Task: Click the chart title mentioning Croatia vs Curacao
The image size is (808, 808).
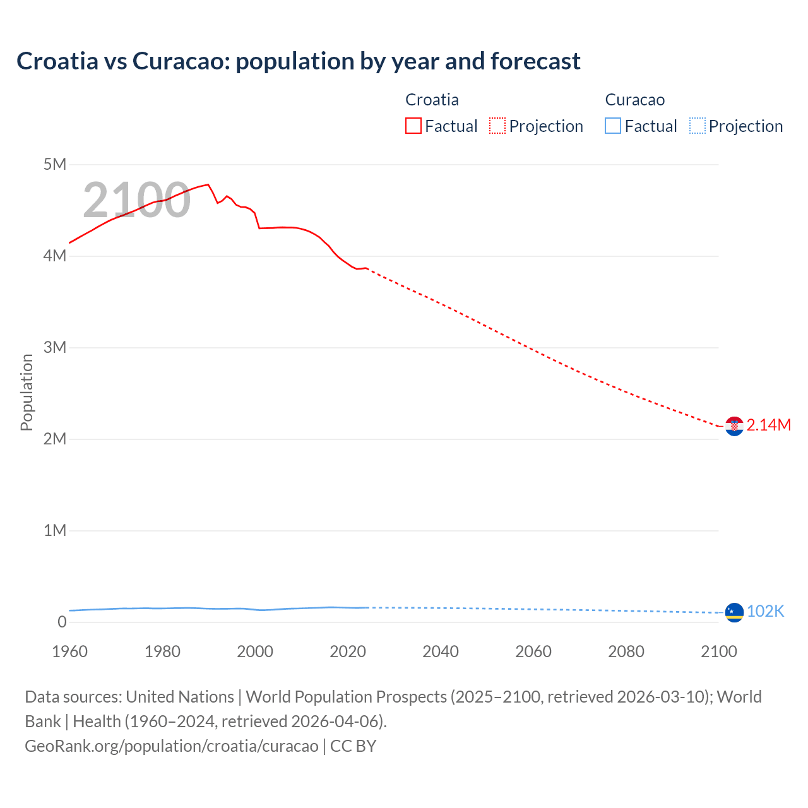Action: [298, 61]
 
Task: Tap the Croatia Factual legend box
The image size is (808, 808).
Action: [413, 126]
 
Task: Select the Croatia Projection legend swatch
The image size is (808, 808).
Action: [497, 126]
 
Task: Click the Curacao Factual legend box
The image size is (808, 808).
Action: [613, 126]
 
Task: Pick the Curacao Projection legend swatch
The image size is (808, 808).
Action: [698, 126]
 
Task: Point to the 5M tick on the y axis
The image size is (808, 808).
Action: [55, 165]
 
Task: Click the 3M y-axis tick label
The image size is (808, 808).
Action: [55, 347]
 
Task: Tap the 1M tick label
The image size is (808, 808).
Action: [55, 530]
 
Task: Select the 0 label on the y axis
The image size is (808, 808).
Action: [62, 622]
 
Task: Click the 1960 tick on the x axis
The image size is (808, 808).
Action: [69, 651]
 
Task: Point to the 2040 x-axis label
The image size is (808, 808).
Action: [441, 651]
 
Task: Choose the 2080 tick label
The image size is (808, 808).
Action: [626, 651]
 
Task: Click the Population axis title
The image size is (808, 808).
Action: [27, 392]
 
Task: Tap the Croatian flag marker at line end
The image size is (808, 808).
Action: [734, 427]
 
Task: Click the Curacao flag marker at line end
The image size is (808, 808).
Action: [734, 612]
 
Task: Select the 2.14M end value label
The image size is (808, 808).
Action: [768, 425]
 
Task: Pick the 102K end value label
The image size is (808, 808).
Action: [765, 611]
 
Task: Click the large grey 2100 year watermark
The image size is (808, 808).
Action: [136, 200]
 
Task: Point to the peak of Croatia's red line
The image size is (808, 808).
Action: [208, 184]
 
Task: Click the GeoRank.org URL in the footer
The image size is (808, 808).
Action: [172, 746]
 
